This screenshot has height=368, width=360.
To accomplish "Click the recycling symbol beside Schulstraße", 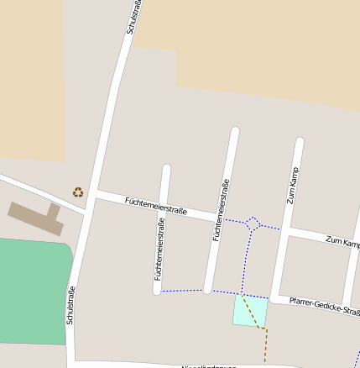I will coord(78,192).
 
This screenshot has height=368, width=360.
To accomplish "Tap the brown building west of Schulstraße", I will coord(34,216).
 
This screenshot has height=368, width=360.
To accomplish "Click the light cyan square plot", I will coord(250,311).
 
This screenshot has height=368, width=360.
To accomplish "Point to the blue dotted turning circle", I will coord(253,223).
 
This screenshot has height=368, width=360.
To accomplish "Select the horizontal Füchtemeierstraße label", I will coord(155,206).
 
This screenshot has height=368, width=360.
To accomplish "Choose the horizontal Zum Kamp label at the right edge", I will coord(342,241).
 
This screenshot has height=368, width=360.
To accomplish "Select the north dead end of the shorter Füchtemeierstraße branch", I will coord(166,170).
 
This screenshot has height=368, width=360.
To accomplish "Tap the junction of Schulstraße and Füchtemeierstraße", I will coord(95,195).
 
